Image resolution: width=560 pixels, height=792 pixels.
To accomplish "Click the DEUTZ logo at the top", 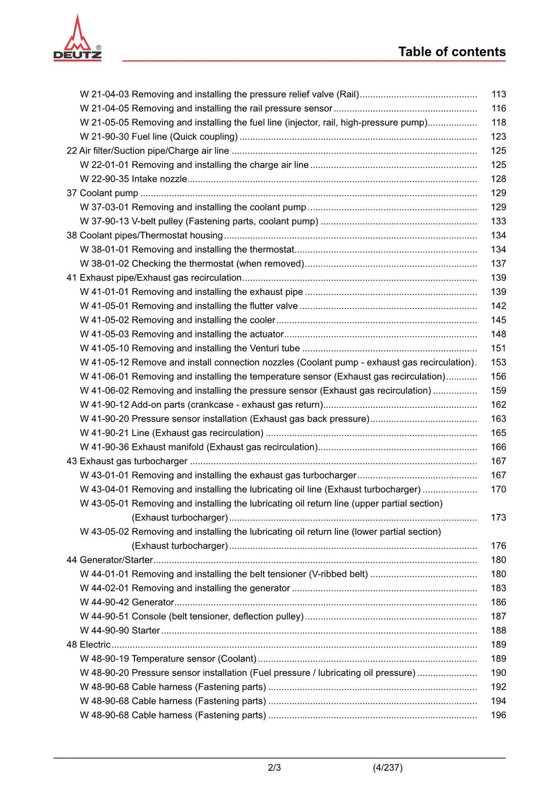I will tap(77, 39).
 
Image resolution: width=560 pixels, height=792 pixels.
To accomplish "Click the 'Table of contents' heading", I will tap(452, 52).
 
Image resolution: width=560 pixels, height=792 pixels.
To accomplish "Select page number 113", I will tap(498, 94).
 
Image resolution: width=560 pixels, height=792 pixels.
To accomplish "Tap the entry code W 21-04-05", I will tap(104, 108).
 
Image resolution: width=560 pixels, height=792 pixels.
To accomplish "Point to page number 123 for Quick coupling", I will tap(498, 137).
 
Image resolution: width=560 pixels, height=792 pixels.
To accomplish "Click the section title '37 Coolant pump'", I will tap(102, 193).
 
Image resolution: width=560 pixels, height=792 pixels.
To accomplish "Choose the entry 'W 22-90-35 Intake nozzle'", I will tap(133, 179).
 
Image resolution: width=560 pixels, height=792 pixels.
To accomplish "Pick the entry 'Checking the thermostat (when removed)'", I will tap(218, 264).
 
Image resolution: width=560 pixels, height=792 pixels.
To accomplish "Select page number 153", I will tap(498, 362).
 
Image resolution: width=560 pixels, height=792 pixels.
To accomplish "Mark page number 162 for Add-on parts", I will tap(498, 405).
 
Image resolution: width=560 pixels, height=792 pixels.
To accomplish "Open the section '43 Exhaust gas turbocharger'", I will tap(127, 461).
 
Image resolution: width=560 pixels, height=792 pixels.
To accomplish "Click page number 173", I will tap(498, 518).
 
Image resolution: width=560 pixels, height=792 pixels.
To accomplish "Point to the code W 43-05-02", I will tap(104, 532).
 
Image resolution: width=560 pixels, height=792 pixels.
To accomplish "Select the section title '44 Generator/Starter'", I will tap(109, 560).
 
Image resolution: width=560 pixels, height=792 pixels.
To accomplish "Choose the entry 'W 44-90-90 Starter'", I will tap(120, 631).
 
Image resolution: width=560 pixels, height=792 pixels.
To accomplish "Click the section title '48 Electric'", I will tap(89, 645).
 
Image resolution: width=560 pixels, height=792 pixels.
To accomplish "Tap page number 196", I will tap(498, 715).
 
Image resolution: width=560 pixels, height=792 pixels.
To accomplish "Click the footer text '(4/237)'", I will tap(388, 768).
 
